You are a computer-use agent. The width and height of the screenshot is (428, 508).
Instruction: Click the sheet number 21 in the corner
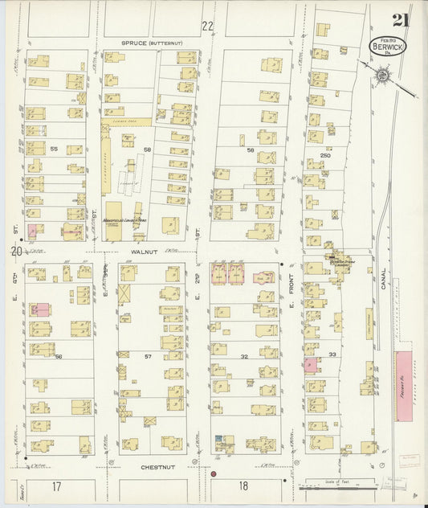tap(399, 21)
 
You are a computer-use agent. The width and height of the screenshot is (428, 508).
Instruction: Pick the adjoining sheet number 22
tap(208, 26)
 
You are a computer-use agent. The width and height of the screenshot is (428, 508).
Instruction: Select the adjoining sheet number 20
tap(15, 252)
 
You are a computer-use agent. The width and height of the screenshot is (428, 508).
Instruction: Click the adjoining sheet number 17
tap(56, 486)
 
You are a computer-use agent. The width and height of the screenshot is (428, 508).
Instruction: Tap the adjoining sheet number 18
tap(242, 486)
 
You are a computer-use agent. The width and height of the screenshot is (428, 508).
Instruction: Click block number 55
tap(54, 150)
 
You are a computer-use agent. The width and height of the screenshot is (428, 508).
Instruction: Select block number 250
tap(325, 154)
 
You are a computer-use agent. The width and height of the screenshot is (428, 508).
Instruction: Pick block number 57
tap(147, 354)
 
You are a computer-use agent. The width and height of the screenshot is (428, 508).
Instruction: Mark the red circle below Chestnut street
tap(214, 474)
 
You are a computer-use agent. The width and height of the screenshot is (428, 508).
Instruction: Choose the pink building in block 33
tap(312, 366)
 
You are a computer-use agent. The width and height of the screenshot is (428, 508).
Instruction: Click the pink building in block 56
tap(39, 309)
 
